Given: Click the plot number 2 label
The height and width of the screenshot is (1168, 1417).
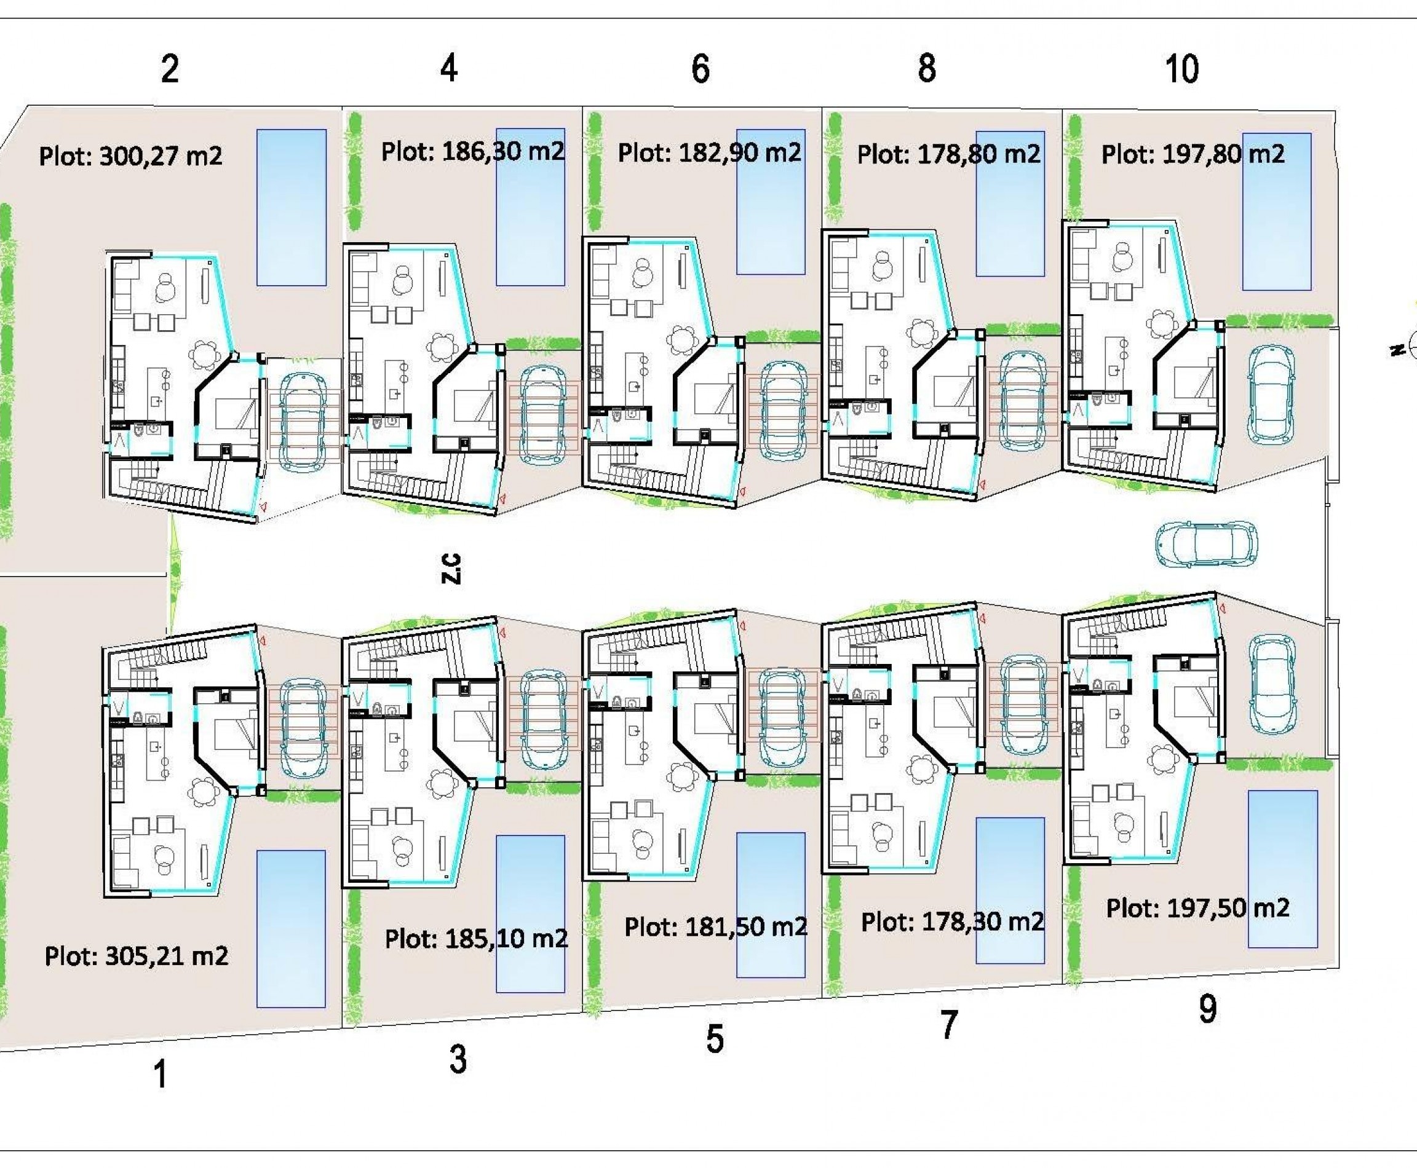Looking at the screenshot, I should (170, 69).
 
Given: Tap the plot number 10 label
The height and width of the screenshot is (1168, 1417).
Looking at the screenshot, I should (1181, 69).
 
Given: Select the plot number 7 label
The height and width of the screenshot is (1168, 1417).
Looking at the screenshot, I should (948, 1025).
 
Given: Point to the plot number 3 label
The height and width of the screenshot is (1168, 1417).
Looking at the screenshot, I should (458, 1059).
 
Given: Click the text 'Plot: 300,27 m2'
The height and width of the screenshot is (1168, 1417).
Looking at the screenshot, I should (130, 156).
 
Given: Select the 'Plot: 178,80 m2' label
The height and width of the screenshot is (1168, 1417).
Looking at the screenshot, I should (948, 154).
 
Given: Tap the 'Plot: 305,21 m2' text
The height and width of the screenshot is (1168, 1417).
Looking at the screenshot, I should (137, 955).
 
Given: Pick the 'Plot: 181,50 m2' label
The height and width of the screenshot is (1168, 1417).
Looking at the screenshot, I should (715, 926).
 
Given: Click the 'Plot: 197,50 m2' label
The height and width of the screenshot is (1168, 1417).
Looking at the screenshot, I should (1197, 909).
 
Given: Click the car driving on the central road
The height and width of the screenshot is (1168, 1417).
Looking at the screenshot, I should (1206, 543).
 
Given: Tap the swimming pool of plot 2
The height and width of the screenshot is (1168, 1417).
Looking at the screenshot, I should (291, 207).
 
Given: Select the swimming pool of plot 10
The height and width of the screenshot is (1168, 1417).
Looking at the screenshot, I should (1276, 211).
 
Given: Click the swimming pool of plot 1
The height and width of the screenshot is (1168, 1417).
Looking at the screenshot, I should (291, 928).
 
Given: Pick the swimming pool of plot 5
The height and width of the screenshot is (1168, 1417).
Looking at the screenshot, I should (770, 905).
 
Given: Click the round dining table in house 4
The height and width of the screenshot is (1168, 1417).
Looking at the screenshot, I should (442, 347).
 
